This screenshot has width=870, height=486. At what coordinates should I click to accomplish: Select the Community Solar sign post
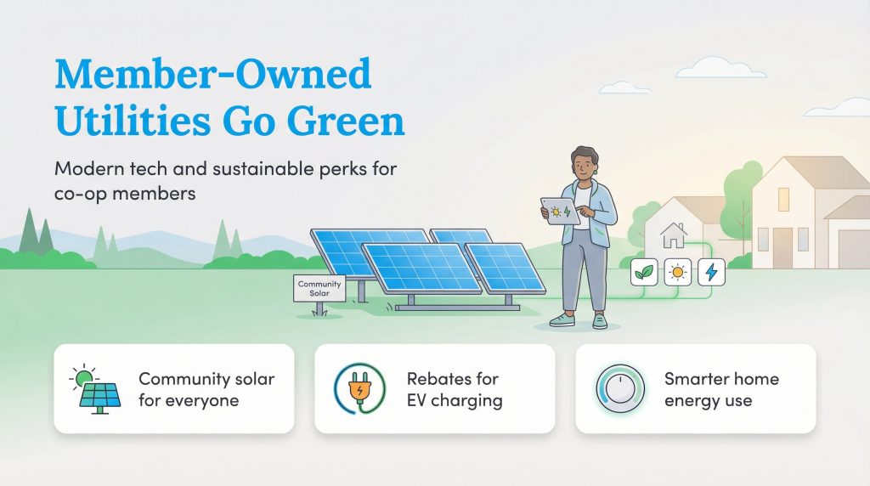tap(319, 288)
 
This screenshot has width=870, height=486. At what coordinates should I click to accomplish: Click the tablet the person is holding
tap(561, 211)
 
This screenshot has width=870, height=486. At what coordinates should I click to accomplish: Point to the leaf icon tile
tap(645, 272)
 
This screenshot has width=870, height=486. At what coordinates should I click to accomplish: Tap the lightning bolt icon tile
tap(711, 272)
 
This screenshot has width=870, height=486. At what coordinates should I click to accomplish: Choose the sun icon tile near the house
tap(678, 272)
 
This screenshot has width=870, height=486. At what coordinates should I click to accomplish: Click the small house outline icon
tap(674, 234)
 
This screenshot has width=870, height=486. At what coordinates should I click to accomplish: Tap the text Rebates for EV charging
tap(454, 389)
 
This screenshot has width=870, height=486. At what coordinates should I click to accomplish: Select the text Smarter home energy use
tap(720, 389)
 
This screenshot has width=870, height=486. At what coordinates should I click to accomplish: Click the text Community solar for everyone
tap(206, 389)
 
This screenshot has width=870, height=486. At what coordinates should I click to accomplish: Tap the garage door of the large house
tap(852, 248)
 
